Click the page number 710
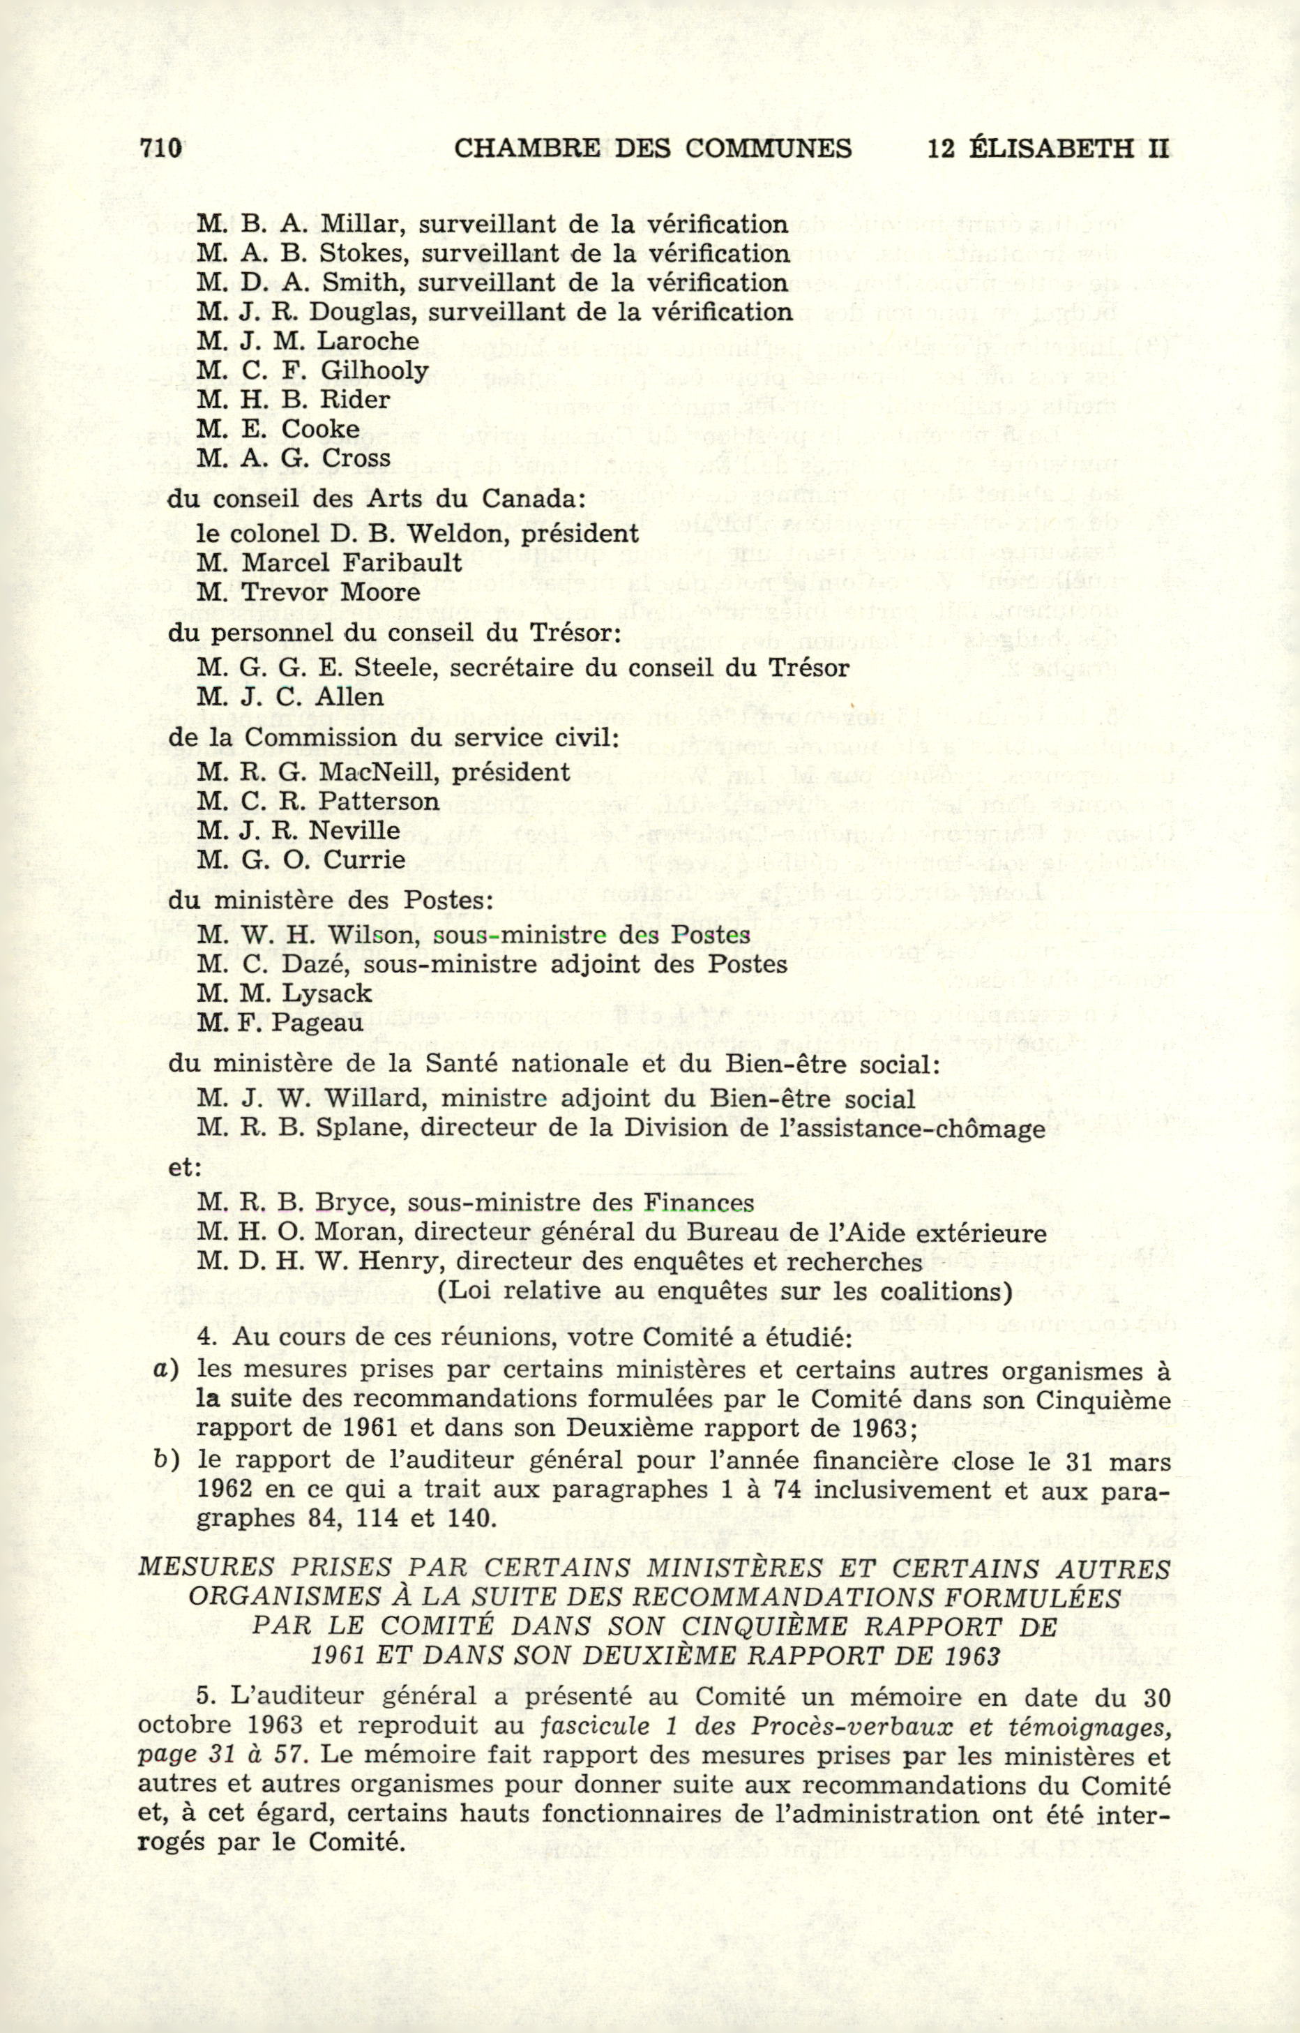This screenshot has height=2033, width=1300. [160, 148]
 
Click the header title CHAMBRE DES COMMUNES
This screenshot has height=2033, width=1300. [653, 149]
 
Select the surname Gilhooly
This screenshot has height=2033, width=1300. [374, 370]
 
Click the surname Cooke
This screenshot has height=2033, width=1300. [321, 429]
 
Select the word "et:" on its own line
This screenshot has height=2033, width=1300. [184, 1168]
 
